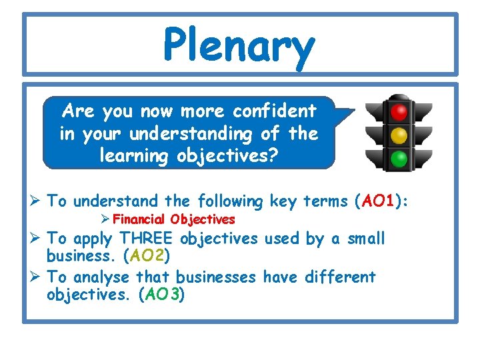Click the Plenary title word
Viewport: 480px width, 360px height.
click(x=239, y=45)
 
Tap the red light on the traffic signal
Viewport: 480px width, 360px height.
click(x=399, y=111)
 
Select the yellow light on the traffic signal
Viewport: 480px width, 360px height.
click(x=399, y=135)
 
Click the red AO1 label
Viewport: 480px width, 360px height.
click(x=380, y=201)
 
